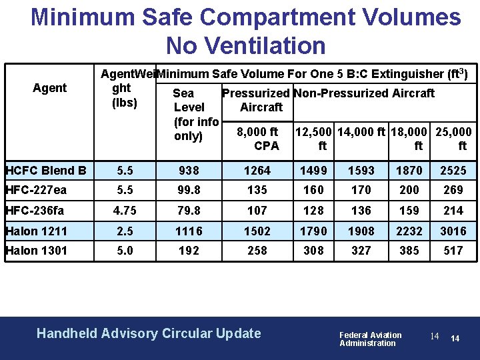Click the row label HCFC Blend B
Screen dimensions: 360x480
point(45,171)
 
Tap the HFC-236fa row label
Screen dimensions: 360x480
point(35,211)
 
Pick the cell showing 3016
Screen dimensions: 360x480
point(453,231)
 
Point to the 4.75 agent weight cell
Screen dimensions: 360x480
point(125,211)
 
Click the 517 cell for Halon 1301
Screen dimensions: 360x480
point(453,251)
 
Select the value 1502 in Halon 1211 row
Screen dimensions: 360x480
point(257,231)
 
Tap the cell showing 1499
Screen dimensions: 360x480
point(313,171)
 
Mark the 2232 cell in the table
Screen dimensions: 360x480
point(409,231)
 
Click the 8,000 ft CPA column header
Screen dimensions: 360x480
point(257,139)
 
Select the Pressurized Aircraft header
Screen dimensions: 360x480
point(256,100)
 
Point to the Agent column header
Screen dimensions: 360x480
point(49,88)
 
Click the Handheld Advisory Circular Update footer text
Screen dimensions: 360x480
point(149,333)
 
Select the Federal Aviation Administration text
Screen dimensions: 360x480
point(370,339)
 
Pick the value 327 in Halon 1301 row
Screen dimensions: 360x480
point(361,251)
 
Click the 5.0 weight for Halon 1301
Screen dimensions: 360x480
point(125,251)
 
